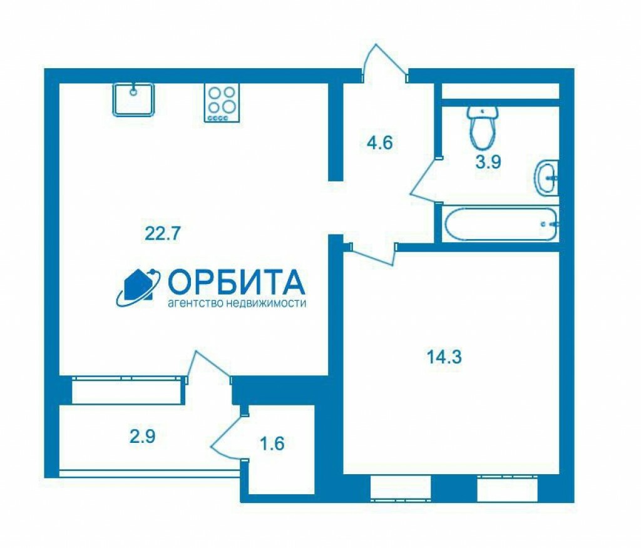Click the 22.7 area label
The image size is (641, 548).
163,234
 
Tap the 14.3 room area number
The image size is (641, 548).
444,357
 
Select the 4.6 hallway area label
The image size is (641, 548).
380,143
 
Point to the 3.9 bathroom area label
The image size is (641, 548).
488,162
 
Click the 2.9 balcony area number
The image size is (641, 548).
143,437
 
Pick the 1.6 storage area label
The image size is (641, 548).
272,444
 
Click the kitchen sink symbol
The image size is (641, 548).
134,99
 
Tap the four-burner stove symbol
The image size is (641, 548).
222,103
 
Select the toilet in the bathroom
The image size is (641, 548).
483,128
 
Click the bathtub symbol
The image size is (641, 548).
500,224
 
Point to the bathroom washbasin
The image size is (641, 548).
546,178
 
